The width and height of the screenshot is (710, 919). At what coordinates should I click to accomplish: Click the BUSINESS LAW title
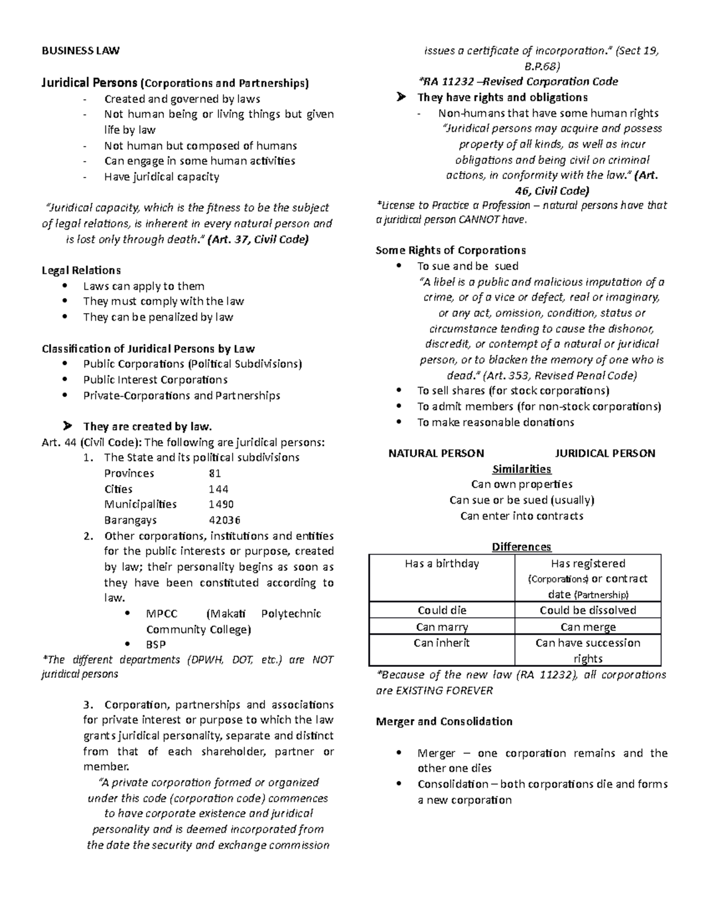pos(80,51)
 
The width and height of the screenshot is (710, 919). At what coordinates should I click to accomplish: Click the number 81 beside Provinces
pos(215,473)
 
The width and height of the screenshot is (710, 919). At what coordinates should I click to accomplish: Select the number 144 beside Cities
pos(218,489)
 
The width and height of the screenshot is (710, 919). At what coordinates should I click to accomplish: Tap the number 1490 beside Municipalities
pos(221,505)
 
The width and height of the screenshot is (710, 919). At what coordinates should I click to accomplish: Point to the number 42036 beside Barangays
pos(224,521)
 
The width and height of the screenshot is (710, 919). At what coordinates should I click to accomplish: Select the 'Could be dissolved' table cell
pos(588,611)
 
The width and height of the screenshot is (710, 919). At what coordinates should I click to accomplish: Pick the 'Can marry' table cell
pos(441,627)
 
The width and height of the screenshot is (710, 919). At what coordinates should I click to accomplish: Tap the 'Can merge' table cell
pos(588,627)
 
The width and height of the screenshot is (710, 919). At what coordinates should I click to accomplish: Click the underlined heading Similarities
pos(521,469)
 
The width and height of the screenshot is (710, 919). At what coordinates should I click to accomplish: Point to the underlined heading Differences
pos(521,547)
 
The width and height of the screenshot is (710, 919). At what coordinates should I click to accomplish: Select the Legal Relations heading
pos(81,270)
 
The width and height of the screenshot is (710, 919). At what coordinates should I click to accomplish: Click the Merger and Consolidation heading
pos(444,722)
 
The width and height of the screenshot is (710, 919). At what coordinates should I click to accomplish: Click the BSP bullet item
pos(156,644)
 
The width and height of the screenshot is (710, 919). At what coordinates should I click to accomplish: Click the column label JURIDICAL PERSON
pos(605,454)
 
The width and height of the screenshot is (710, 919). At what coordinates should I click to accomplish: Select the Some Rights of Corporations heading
pos(450,250)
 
